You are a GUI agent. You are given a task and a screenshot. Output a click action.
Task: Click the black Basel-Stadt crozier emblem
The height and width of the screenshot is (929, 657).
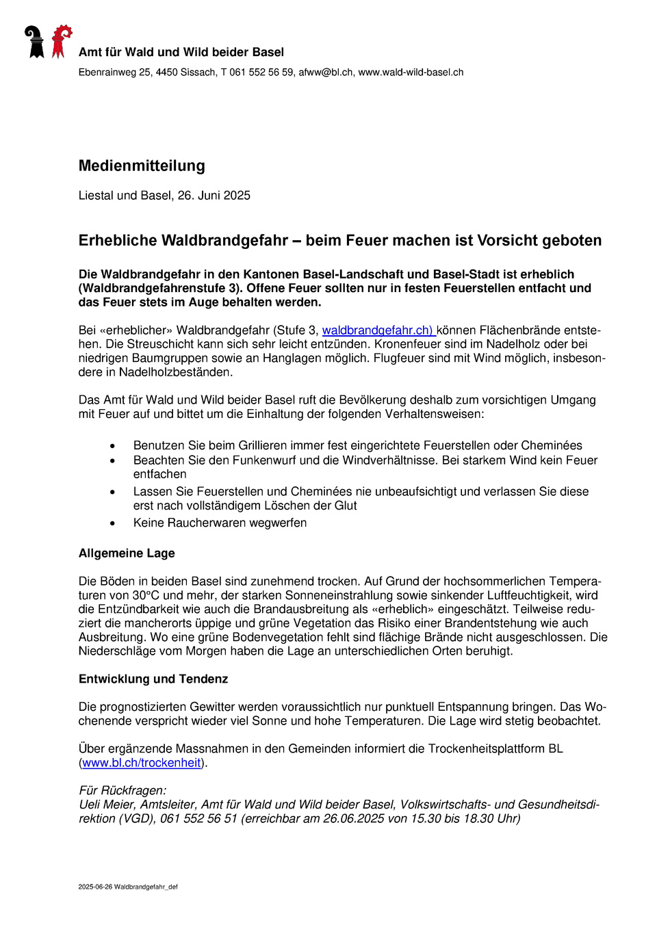click(x=34, y=42)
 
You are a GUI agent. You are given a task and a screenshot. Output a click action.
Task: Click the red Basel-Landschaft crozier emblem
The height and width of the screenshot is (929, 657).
click(x=61, y=41)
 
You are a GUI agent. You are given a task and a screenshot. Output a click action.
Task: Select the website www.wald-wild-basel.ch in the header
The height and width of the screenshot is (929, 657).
click(x=411, y=73)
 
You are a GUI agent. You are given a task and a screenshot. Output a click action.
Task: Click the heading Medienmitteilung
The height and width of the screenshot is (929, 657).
click(x=142, y=166)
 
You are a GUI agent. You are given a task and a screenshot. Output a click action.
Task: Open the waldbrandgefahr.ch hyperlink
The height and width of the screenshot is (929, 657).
click(x=378, y=330)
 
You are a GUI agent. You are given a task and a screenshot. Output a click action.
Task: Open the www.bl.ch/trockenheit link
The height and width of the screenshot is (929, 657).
click(x=142, y=763)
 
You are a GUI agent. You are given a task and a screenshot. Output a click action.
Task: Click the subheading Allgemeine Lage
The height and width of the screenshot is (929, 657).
click(x=127, y=553)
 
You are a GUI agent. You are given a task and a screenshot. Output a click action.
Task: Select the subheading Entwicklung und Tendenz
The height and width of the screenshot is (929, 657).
click(x=153, y=679)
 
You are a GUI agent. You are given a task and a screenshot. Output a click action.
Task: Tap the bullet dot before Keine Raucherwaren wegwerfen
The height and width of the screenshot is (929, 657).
click(x=113, y=523)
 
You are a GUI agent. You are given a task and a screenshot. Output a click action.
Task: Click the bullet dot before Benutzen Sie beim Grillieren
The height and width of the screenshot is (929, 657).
click(x=113, y=446)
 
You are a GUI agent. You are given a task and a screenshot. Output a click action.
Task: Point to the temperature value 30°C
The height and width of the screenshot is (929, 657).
click(x=146, y=595)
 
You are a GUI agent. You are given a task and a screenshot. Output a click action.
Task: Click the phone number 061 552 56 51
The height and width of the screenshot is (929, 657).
click(x=198, y=819)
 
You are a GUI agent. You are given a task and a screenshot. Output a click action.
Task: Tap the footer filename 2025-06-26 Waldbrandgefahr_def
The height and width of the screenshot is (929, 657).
click(x=128, y=887)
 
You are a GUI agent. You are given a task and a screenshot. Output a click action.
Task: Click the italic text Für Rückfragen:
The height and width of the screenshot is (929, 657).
click(x=123, y=791)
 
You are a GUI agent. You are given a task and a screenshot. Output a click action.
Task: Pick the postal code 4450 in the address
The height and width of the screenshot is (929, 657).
click(x=166, y=73)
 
